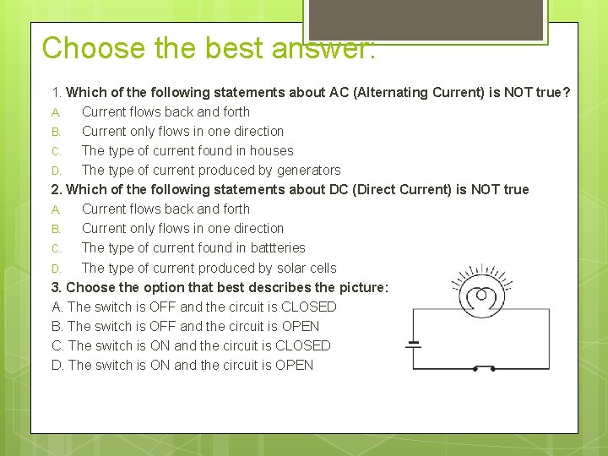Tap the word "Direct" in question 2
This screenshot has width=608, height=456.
pyautogui.click(x=369, y=189)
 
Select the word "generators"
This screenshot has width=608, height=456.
pyautogui.click(x=307, y=170)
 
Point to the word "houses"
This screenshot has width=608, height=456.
pyautogui.click(x=270, y=150)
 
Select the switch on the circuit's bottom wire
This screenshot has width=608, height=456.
pyautogui.click(x=483, y=368)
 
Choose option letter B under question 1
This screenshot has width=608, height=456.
pyautogui.click(x=56, y=132)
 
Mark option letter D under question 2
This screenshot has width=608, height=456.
pyautogui.click(x=56, y=269)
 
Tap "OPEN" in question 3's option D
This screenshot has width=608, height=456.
pyautogui.click(x=294, y=365)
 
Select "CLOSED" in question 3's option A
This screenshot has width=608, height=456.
pyautogui.click(x=308, y=307)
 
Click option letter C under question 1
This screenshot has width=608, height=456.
pyautogui.click(x=56, y=151)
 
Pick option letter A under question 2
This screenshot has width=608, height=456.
pyautogui.click(x=56, y=209)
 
